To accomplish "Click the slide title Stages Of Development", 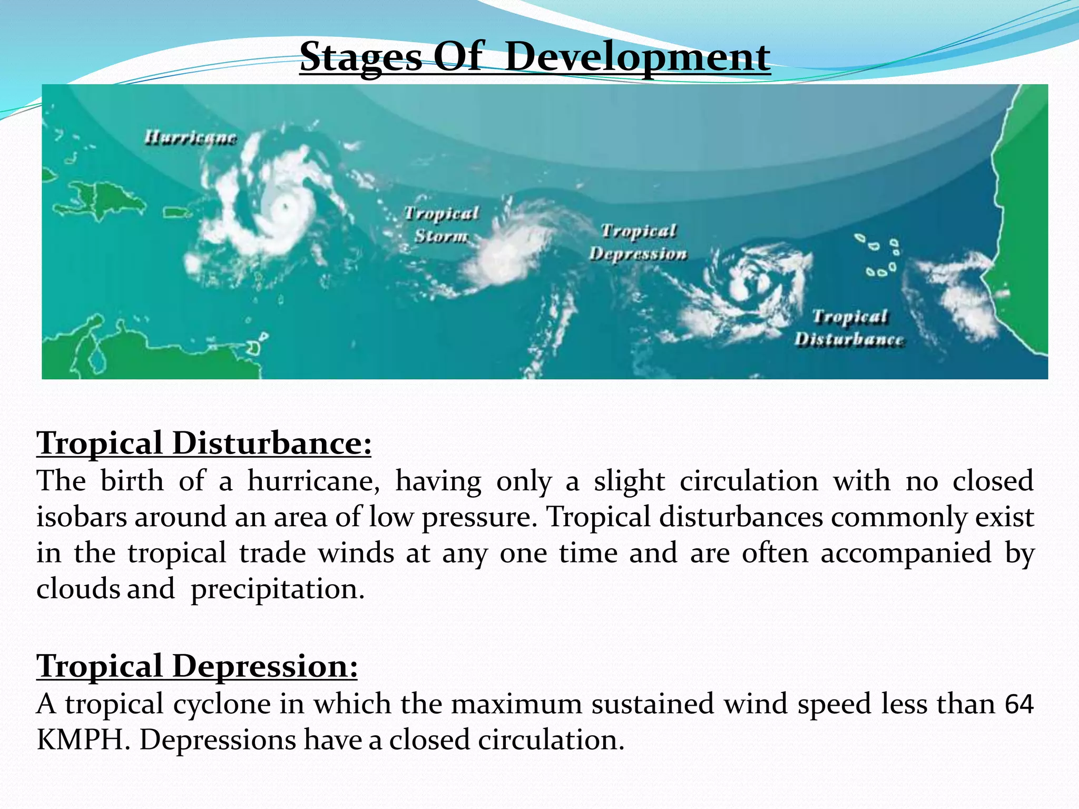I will [535, 57].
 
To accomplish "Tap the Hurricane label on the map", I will [191, 138].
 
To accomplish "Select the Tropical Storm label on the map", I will [442, 225].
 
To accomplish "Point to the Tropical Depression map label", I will [638, 242].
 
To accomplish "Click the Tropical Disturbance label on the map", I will [849, 328].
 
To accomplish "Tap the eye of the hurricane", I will [285, 206].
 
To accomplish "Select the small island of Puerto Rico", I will [178, 213].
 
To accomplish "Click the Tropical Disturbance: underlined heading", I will [204, 443].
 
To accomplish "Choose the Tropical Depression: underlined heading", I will [197, 666].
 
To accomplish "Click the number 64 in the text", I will [1019, 704].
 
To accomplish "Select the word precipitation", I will [277, 589].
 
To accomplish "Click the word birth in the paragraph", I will [132, 481].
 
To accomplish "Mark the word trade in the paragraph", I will [272, 553].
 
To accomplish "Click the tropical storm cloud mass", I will [501, 253].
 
